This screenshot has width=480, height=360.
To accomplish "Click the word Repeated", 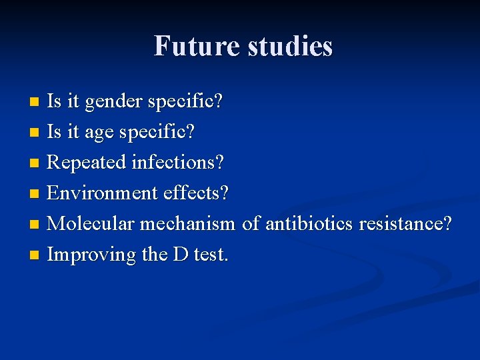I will (x=87, y=162).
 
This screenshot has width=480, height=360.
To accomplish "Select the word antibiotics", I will (x=309, y=223).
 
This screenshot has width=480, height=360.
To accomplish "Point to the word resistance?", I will (x=405, y=223).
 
